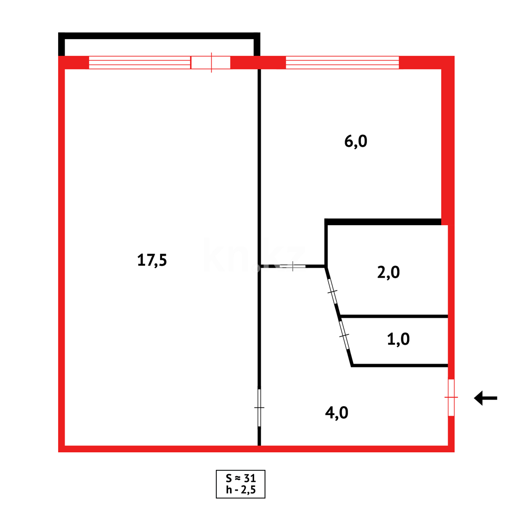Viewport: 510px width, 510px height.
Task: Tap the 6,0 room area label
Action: click(356, 141)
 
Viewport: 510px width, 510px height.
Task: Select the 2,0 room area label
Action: click(389, 272)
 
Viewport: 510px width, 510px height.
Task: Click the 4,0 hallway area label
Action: click(337, 412)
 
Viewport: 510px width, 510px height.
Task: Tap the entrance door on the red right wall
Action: click(451, 397)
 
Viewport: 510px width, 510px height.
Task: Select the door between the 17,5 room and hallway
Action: click(259, 407)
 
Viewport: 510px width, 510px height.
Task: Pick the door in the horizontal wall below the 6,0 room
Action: click(293, 266)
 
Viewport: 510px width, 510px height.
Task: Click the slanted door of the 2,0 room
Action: click(332, 291)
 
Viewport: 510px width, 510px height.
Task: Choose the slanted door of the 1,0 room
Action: click(344, 335)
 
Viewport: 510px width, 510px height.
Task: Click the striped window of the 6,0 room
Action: click(342, 62)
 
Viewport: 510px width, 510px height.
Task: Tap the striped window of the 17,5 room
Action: click(139, 62)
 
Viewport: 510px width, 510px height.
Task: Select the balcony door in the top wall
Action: click(211, 62)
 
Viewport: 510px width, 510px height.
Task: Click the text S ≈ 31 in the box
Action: click(240, 477)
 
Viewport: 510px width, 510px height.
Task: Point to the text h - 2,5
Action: click(240, 490)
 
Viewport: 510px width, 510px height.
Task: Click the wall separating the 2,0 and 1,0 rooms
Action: click(394, 316)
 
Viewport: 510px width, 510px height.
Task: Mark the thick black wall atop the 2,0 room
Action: click(383, 222)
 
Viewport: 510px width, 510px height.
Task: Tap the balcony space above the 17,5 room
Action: click(159, 47)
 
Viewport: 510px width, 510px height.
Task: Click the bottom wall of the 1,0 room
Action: click(399, 365)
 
